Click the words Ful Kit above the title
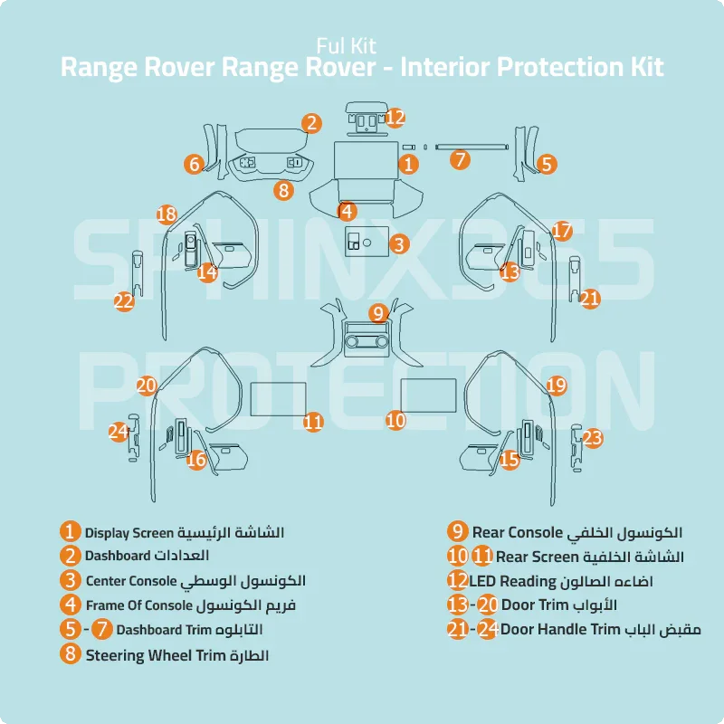(x=347, y=44)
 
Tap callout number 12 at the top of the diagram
(x=395, y=117)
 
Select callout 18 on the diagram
(x=166, y=214)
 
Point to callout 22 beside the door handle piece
(x=124, y=301)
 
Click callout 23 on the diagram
(x=592, y=439)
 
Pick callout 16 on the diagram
(x=196, y=460)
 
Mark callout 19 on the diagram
(x=557, y=386)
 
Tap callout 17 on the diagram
(x=562, y=230)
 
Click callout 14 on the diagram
(x=207, y=271)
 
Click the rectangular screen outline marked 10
(x=428, y=395)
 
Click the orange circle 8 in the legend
(x=71, y=653)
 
